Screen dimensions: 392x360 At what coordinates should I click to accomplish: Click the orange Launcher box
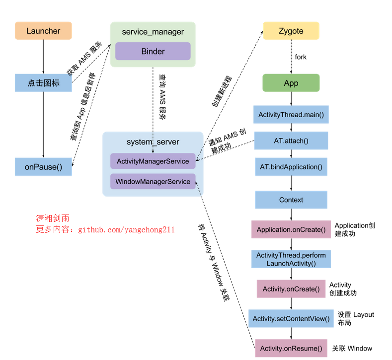43,31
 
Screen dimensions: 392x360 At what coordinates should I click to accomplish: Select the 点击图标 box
43,83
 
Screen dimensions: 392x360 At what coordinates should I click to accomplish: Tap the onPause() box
43,167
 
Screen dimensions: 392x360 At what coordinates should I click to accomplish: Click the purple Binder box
153,51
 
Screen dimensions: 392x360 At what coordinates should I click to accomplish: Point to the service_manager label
153,32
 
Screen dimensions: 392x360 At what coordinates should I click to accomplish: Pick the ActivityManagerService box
153,161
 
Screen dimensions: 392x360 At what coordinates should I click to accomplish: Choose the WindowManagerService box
153,181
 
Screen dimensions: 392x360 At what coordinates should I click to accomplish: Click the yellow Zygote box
291,31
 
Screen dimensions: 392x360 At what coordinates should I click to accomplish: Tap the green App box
291,83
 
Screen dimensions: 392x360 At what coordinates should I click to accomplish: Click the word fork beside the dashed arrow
301,57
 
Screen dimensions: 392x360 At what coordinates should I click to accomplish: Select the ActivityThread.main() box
291,114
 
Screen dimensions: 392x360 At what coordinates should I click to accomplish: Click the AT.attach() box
291,141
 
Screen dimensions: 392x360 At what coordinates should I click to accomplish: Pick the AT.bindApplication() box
291,167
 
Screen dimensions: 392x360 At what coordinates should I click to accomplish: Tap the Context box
291,200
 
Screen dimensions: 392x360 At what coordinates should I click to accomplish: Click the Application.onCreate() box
291,229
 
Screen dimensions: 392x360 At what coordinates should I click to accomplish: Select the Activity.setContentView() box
291,318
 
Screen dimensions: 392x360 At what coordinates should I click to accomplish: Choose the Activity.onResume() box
291,348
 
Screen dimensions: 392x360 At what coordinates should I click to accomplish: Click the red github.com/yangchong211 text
126,230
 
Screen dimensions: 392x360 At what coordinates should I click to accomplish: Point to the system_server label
153,142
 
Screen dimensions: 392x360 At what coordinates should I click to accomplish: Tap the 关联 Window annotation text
352,348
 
